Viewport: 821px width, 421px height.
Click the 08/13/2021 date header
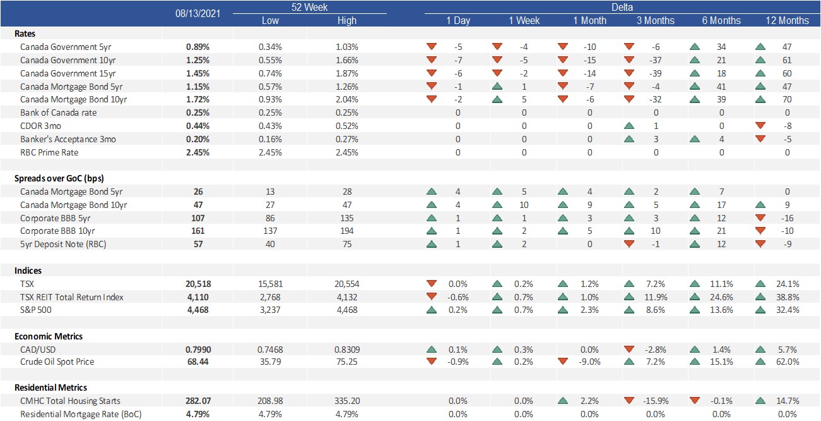(x=198, y=13)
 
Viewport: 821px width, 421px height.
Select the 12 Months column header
(x=788, y=21)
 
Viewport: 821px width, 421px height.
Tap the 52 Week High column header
(x=346, y=21)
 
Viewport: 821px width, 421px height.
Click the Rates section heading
(x=25, y=34)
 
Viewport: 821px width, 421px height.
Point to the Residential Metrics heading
(x=50, y=387)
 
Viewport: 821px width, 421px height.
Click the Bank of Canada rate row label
(x=58, y=113)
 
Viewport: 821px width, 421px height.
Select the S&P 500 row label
(x=36, y=310)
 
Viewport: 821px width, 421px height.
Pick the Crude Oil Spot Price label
(x=57, y=362)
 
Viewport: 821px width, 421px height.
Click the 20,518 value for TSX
(x=198, y=284)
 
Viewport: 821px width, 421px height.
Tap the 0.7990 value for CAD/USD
(x=198, y=350)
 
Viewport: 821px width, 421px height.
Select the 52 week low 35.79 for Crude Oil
(x=270, y=362)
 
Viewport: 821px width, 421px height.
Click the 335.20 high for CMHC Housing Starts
(x=347, y=401)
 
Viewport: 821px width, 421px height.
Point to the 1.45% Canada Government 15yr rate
(x=198, y=73)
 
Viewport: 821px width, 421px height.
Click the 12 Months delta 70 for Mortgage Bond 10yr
(x=788, y=99)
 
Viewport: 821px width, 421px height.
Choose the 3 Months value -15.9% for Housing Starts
(x=656, y=401)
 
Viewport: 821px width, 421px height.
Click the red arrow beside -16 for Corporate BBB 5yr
(x=760, y=217)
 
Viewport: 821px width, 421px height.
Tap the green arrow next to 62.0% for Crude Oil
(x=760, y=362)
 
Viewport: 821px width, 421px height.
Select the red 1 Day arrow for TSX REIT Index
(x=432, y=296)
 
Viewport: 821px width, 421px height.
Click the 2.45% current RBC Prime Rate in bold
(x=198, y=152)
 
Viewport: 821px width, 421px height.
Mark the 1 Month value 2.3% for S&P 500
(x=590, y=310)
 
